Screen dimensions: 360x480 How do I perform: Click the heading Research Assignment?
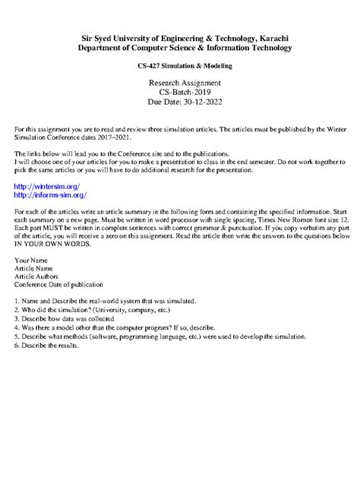pyautogui.click(x=185, y=82)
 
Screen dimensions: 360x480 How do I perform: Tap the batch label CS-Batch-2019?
pyautogui.click(x=185, y=91)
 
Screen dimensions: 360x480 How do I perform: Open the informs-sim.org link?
pyautogui.click(x=51, y=195)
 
